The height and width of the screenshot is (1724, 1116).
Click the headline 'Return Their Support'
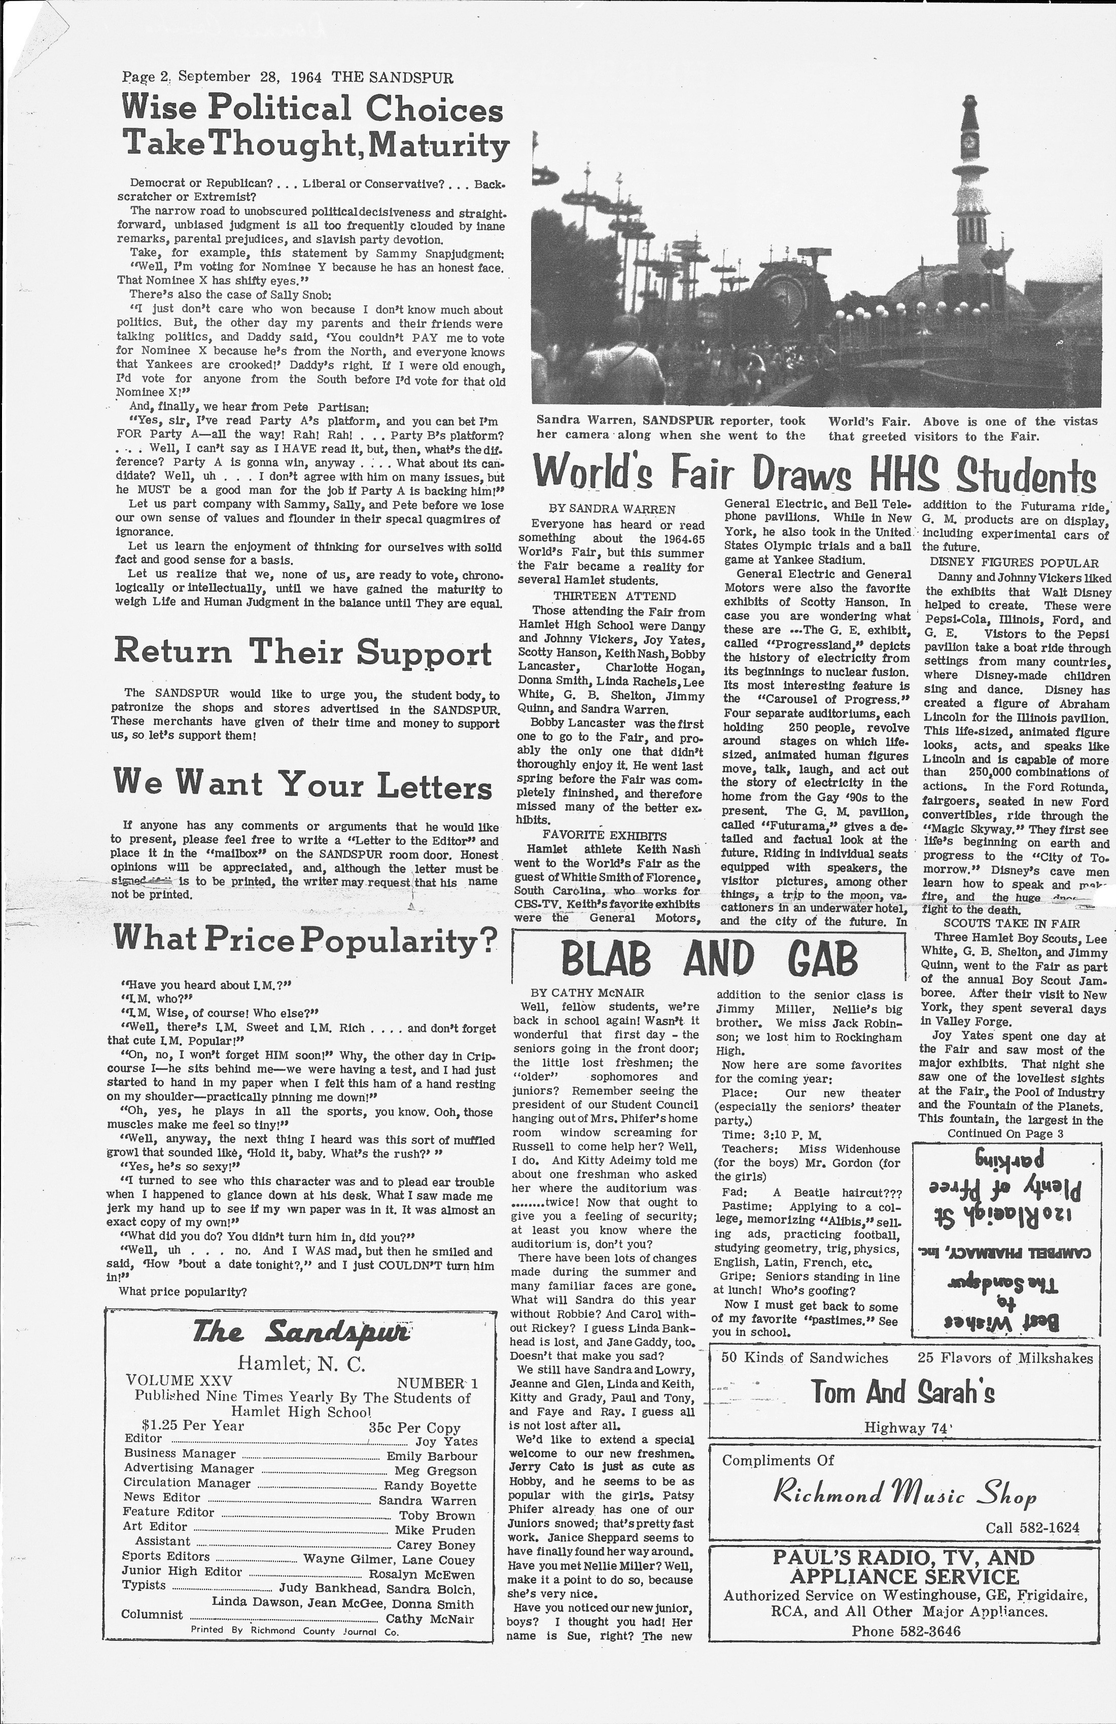pyautogui.click(x=303, y=651)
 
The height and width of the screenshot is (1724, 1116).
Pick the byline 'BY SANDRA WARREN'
pyautogui.click(x=612, y=509)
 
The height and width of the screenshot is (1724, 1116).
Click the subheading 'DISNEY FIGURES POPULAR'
pyautogui.click(x=1014, y=563)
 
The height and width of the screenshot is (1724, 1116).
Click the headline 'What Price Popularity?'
pyautogui.click(x=305, y=940)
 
